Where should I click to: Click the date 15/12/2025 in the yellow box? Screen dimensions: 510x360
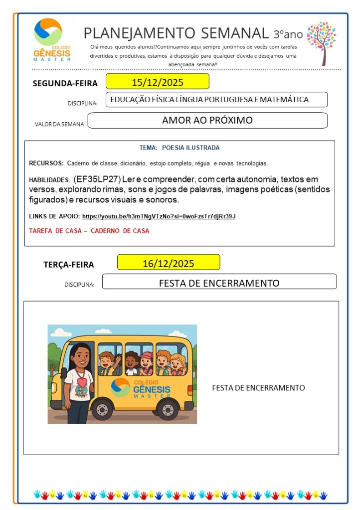[x=157, y=82]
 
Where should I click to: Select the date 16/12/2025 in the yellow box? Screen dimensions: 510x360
[x=168, y=263]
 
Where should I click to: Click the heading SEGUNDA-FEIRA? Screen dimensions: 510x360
[x=65, y=83]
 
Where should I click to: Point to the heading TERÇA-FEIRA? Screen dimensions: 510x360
[x=69, y=265]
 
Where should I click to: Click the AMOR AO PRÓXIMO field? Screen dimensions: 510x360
[x=207, y=120]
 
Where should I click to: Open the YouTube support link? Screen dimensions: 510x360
[x=159, y=216]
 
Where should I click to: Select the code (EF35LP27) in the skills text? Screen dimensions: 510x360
[x=97, y=179]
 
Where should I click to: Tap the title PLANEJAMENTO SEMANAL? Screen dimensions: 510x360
[x=176, y=33]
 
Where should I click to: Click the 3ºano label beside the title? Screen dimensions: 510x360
[x=288, y=34]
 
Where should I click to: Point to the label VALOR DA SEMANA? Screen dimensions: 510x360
[x=59, y=124]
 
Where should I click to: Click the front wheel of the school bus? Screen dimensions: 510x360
[x=102, y=410]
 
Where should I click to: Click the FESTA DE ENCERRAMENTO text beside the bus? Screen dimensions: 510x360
[x=258, y=388]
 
